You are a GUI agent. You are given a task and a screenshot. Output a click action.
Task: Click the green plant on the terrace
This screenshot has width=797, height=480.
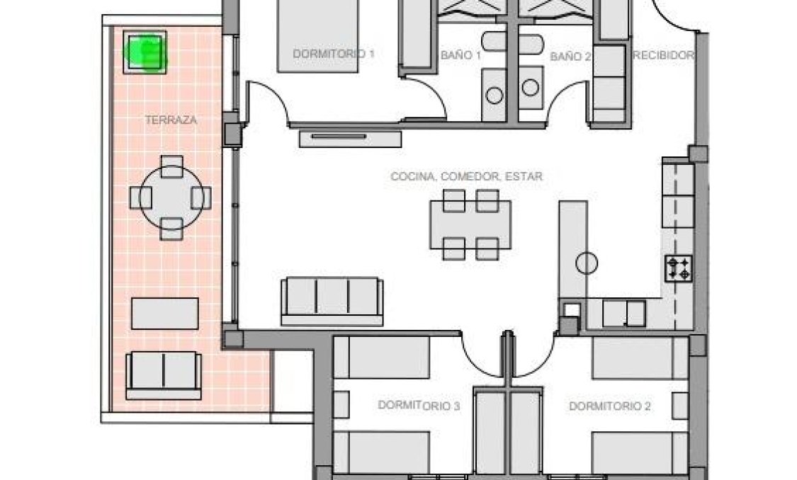145,52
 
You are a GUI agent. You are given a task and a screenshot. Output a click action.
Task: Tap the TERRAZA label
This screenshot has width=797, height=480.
171,120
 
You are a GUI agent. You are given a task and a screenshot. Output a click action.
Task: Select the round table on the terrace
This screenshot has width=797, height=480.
171,197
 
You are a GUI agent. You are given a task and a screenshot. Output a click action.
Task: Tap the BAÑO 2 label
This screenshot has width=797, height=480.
570,56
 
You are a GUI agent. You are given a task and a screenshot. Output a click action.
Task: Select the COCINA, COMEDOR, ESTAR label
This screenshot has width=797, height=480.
466,176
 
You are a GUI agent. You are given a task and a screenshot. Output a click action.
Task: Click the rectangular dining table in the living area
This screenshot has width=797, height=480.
470,224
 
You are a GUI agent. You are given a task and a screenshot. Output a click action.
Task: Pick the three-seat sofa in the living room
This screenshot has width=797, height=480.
332,300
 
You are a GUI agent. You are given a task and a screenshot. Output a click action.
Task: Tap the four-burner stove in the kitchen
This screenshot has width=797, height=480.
678,268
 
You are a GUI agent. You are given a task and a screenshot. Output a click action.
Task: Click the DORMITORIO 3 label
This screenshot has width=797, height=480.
419,406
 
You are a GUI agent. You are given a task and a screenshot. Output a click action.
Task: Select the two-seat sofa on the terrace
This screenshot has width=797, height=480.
163,374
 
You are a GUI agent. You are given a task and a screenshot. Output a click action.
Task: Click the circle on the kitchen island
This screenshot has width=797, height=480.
586,263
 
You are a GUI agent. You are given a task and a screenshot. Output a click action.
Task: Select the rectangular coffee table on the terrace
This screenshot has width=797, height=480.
165,313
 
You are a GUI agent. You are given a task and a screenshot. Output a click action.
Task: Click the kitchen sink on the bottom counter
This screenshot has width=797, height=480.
624,313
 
